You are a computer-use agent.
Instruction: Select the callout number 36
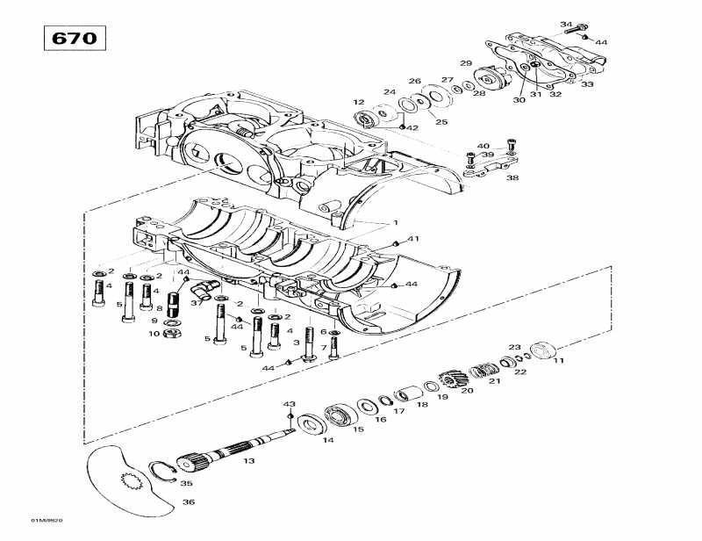click(x=189, y=502)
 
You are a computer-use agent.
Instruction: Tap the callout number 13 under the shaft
click(x=249, y=461)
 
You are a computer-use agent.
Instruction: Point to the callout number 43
click(x=289, y=403)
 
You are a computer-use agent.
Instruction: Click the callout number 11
click(x=559, y=360)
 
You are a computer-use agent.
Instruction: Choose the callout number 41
click(x=413, y=239)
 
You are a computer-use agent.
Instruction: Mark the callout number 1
click(x=396, y=222)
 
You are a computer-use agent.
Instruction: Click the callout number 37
click(x=197, y=304)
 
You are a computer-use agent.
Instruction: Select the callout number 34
click(x=565, y=24)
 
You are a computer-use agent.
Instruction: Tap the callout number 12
click(x=359, y=102)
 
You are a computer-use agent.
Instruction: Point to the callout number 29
click(x=466, y=63)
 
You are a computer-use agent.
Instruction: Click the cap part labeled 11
click(x=544, y=349)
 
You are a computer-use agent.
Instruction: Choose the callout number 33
click(x=587, y=84)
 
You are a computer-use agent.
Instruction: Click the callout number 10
click(x=154, y=334)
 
